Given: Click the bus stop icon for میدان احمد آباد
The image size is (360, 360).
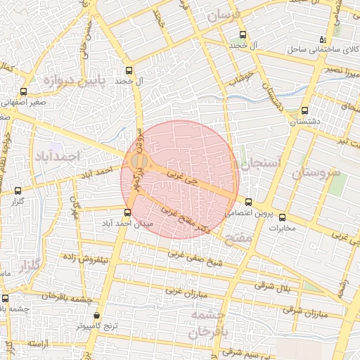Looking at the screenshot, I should (x=127, y=212).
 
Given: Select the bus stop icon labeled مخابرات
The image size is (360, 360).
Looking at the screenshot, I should (x=283, y=217).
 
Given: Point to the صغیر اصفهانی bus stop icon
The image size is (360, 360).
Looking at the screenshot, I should (x=24, y=92).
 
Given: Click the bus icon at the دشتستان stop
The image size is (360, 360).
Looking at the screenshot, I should (x=304, y=110).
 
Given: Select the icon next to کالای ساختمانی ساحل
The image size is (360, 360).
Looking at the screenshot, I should (x=323, y=39).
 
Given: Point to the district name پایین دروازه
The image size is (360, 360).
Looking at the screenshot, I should (x=74, y=81).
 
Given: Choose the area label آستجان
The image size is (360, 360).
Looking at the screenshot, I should (x=260, y=164).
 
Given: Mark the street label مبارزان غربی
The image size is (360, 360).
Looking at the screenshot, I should (x=185, y=290).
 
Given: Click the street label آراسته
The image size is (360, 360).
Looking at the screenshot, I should (x=41, y=344).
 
